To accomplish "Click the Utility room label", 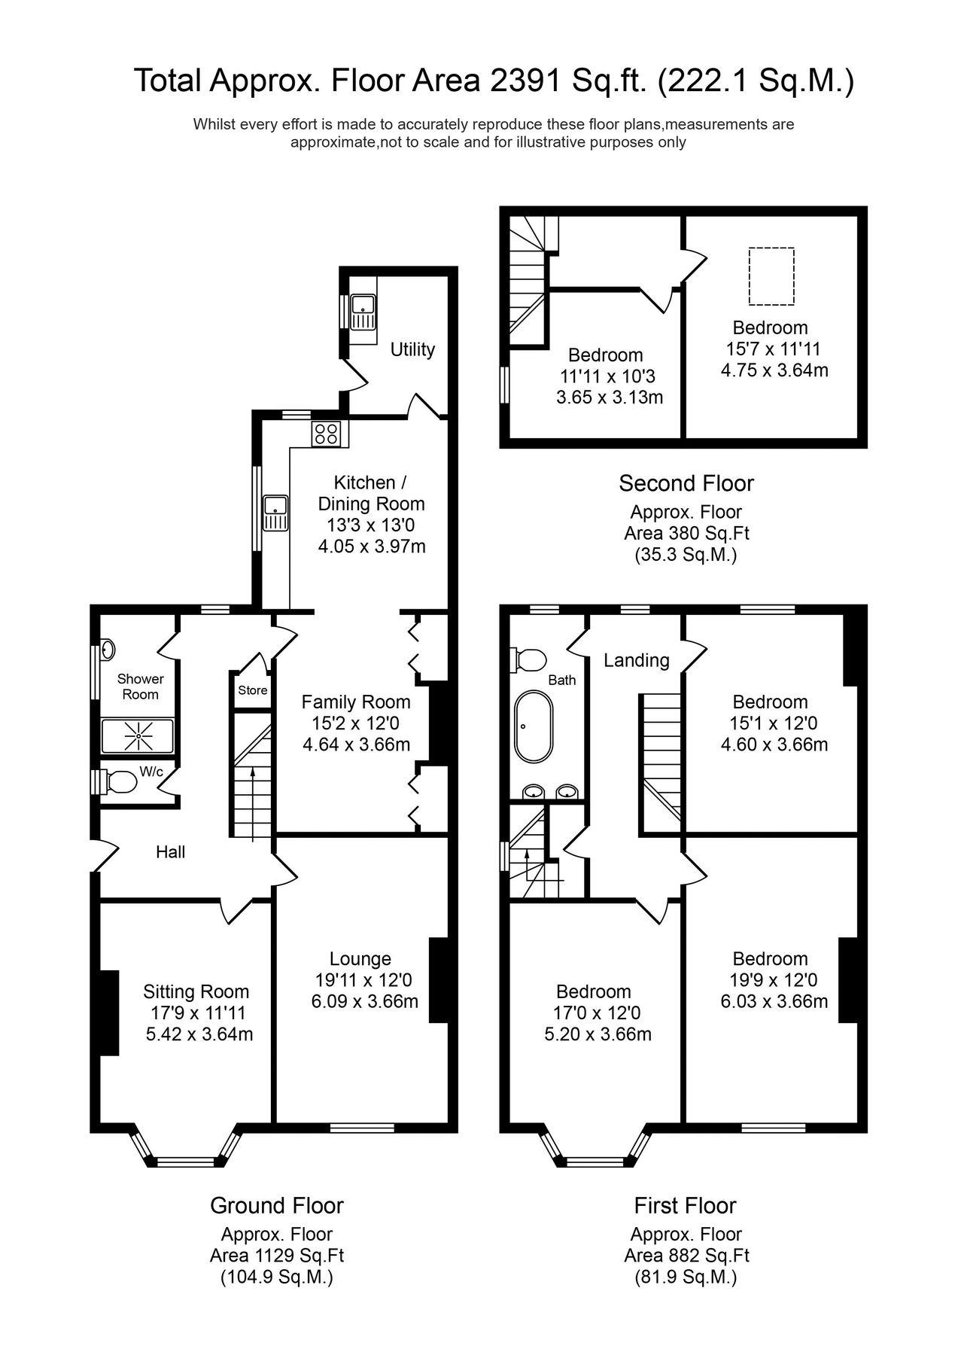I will [x=412, y=349].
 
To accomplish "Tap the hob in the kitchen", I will [x=327, y=433].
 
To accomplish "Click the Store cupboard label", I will [x=252, y=690].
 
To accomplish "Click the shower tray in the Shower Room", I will [x=138, y=736].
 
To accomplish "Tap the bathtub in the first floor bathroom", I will [x=534, y=727].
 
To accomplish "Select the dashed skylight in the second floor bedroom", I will [x=771, y=276].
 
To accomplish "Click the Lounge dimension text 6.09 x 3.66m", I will [x=364, y=1002].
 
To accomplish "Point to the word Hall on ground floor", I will [x=170, y=852].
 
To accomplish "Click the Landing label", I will [x=636, y=660].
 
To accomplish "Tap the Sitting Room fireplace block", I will [x=108, y=1012].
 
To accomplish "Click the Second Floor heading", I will [x=686, y=483].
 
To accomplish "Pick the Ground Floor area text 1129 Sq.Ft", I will [x=276, y=1256].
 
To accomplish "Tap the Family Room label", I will [x=355, y=702].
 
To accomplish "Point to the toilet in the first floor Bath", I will [x=530, y=659].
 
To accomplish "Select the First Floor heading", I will [x=685, y=1205].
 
